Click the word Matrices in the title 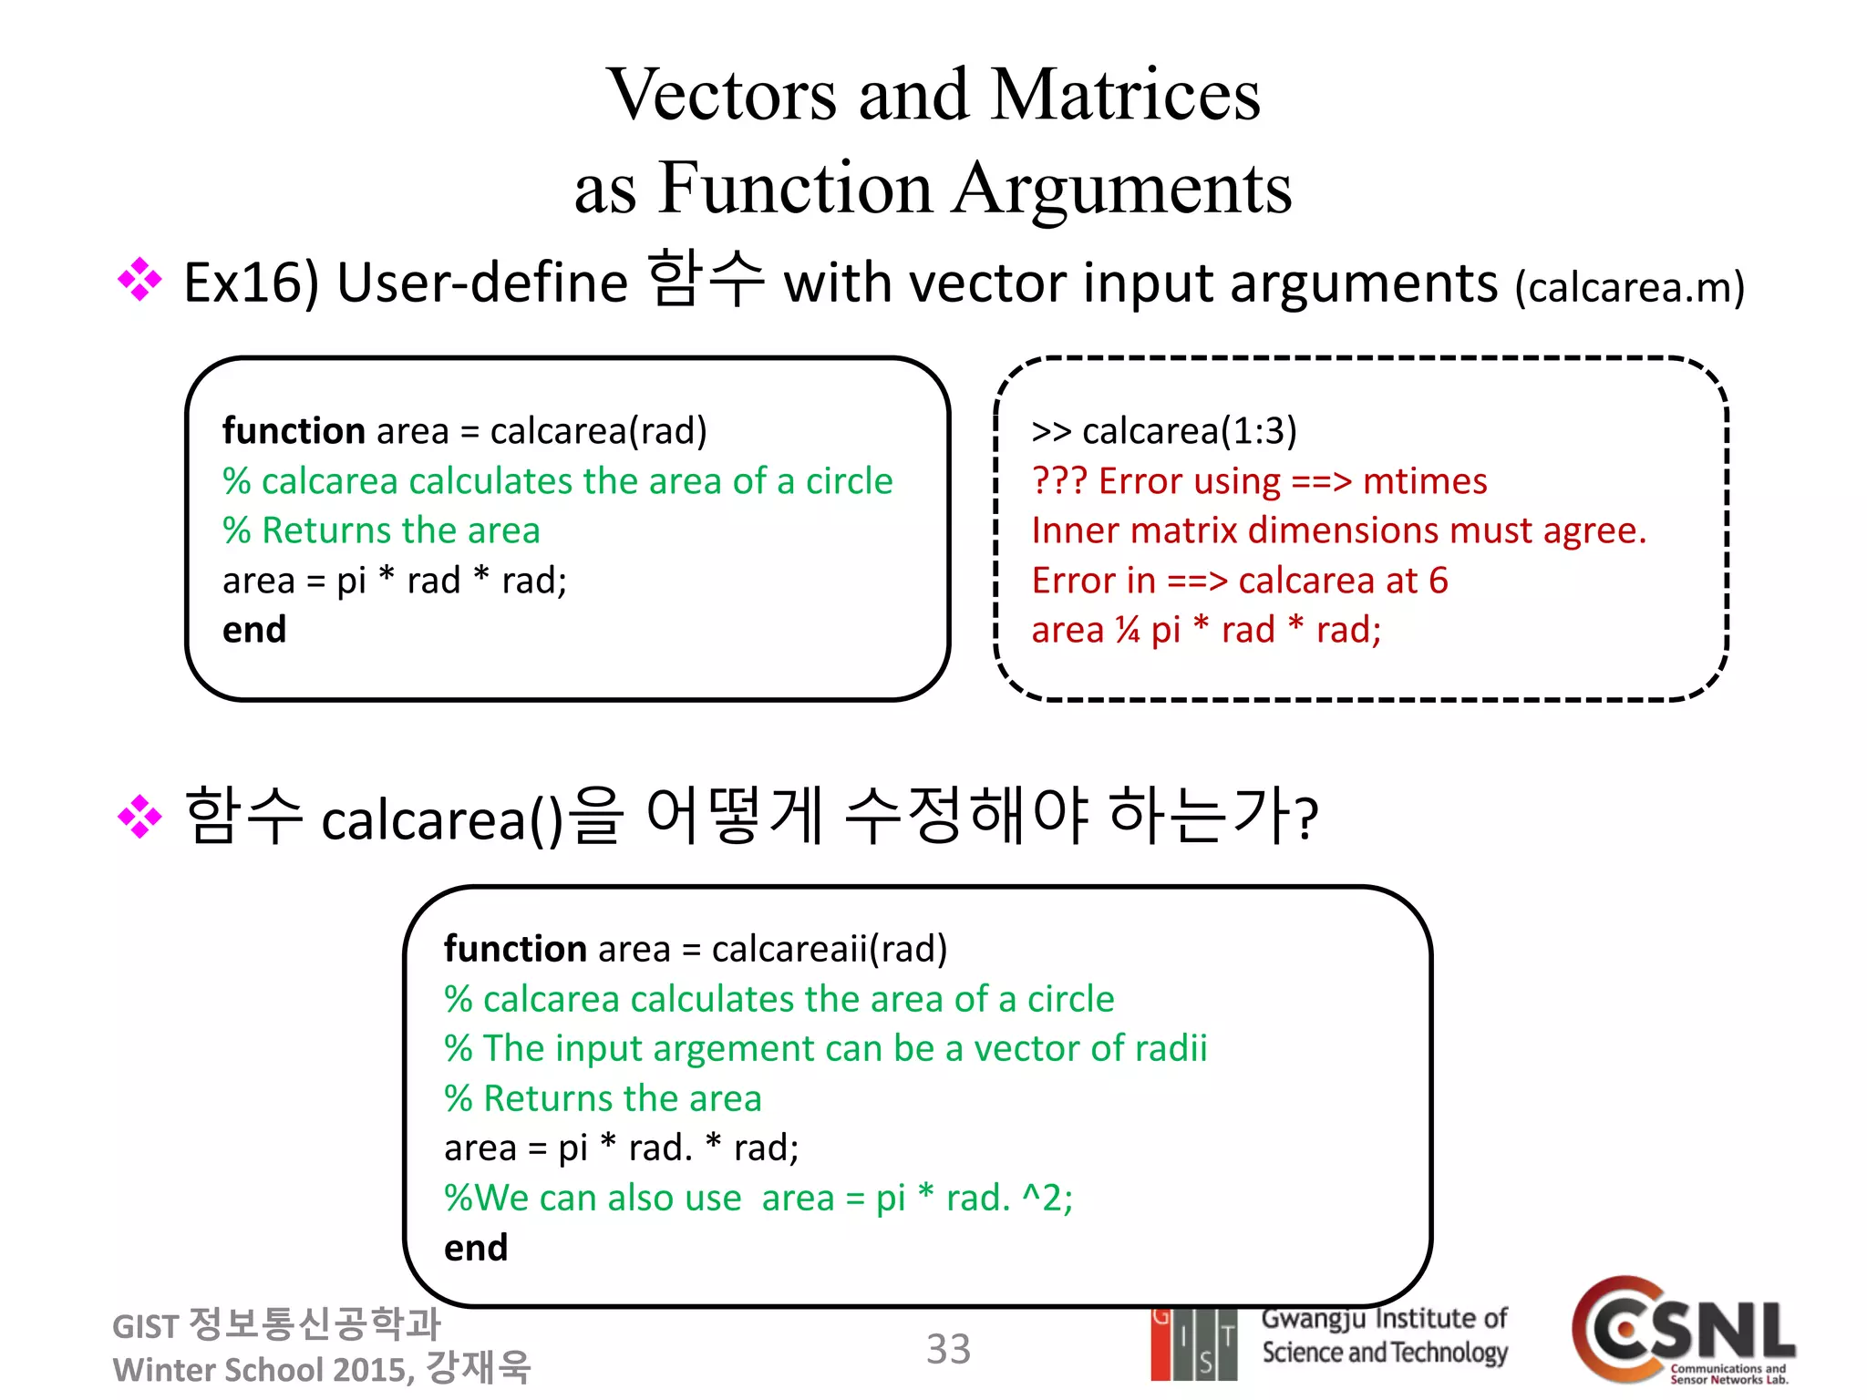point(1125,95)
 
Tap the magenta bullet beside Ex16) point(139,280)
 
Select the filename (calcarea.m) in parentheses point(1629,287)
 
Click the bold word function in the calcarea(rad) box point(294,431)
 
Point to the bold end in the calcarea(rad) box point(254,630)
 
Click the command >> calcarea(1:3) point(1163,431)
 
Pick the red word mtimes point(1424,481)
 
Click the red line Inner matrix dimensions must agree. point(1338,530)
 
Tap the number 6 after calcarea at point(1439,581)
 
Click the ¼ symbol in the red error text point(1128,630)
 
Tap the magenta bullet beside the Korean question point(139,816)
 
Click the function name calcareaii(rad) point(829,949)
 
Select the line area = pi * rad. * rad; point(621,1148)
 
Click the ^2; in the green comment point(1047,1198)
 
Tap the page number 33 point(948,1349)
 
